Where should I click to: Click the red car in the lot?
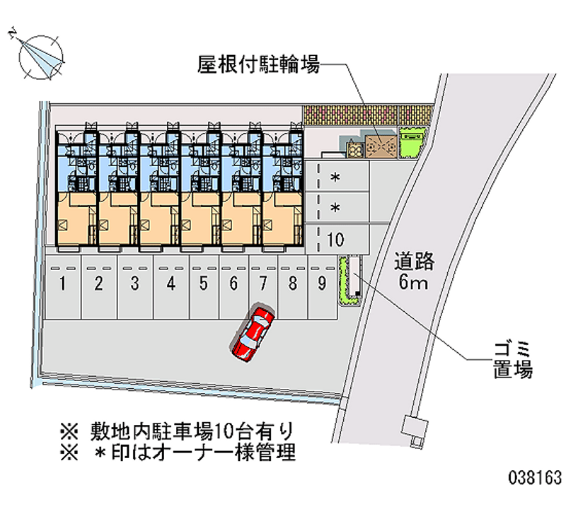pyautogui.click(x=253, y=332)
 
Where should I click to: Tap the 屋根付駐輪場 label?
pyautogui.click(x=258, y=66)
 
